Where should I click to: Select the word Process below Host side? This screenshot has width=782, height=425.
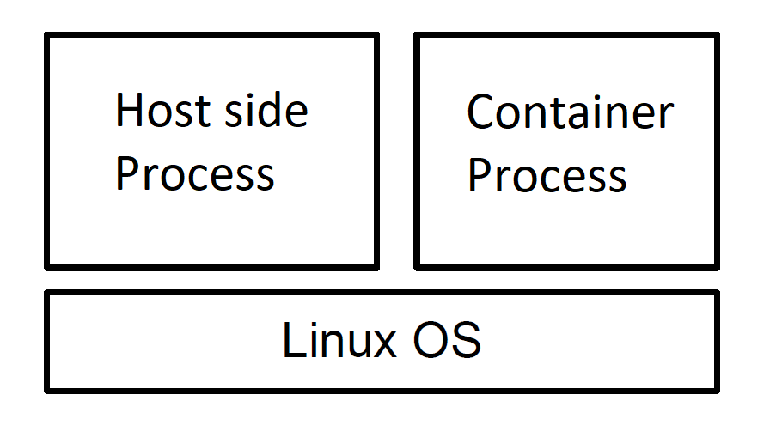(194, 174)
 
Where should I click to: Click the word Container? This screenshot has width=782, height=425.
(570, 112)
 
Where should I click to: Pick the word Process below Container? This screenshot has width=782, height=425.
(547, 175)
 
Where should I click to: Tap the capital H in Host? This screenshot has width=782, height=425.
(126, 111)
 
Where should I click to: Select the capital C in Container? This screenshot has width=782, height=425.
(480, 112)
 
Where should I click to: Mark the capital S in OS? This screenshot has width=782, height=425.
(467, 341)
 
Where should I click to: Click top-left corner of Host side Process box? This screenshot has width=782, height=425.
(48, 36)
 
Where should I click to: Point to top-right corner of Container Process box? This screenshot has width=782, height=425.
(716, 37)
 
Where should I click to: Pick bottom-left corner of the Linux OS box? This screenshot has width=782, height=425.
(48, 389)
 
